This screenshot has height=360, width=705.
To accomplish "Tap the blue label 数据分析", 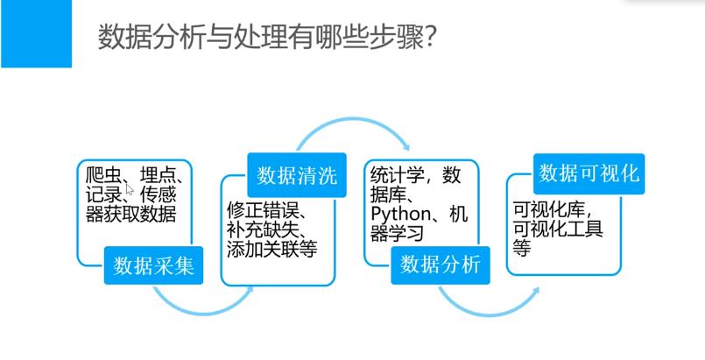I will click(441, 265).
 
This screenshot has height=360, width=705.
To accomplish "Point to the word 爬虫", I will click(97, 173).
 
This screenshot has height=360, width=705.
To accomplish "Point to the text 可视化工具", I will click(558, 229).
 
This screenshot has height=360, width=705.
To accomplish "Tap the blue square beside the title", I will click(36, 33).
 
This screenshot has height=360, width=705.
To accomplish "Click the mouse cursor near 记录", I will click(129, 188).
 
